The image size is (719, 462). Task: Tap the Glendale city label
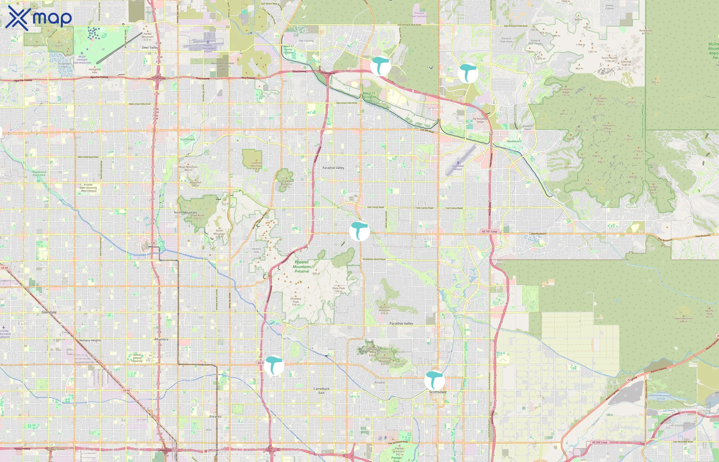click(x=49, y=312)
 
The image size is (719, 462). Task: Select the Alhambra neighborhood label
click(x=161, y=339)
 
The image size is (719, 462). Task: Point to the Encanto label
click(x=215, y=416)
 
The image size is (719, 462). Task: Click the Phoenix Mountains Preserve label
click(x=302, y=266)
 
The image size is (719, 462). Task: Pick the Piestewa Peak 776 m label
click(x=296, y=302)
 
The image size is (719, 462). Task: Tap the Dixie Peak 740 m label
click(x=338, y=290)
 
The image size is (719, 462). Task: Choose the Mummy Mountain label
click(x=384, y=310)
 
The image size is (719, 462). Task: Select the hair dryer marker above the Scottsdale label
click(x=434, y=380)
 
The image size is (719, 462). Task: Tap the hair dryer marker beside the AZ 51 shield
click(x=274, y=365)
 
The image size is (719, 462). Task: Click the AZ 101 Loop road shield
click(x=489, y=231)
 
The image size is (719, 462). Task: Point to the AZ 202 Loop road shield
click(x=600, y=442)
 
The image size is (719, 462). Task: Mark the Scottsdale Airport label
click(x=458, y=167)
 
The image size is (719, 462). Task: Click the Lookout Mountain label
click(x=256, y=166)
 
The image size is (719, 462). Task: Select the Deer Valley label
click(x=150, y=47)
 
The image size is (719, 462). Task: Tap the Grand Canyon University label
click(x=137, y=358)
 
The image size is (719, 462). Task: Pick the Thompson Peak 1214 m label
click(x=608, y=128)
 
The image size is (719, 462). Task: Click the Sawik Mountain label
click(x=684, y=320)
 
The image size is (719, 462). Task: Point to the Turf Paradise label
click(x=187, y=139)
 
